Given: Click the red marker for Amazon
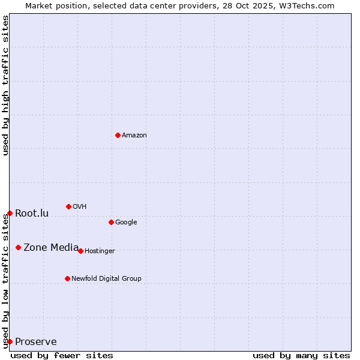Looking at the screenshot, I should click(118, 135).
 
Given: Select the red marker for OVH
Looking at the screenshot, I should click(68, 206).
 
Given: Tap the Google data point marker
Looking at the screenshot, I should click(111, 222).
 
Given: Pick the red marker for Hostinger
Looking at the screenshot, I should click(80, 251).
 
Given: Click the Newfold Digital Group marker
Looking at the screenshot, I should click(67, 278).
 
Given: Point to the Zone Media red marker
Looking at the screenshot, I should click(18, 247).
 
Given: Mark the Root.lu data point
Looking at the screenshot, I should click(10, 213).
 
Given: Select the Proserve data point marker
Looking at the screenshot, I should click(10, 341).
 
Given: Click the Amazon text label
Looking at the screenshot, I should click(134, 136).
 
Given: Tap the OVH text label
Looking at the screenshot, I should click(80, 207).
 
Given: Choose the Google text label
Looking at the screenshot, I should click(126, 223).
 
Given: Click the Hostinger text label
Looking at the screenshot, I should click(100, 251).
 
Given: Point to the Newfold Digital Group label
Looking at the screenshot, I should click(106, 279).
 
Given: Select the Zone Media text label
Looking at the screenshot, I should click(51, 247).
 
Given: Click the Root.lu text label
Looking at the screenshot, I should click(32, 213).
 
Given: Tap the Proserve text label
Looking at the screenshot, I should click(36, 342).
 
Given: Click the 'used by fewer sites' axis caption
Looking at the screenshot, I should click(62, 355).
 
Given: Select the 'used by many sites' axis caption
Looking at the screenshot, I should click(301, 355).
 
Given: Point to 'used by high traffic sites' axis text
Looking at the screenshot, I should click(5, 86).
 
